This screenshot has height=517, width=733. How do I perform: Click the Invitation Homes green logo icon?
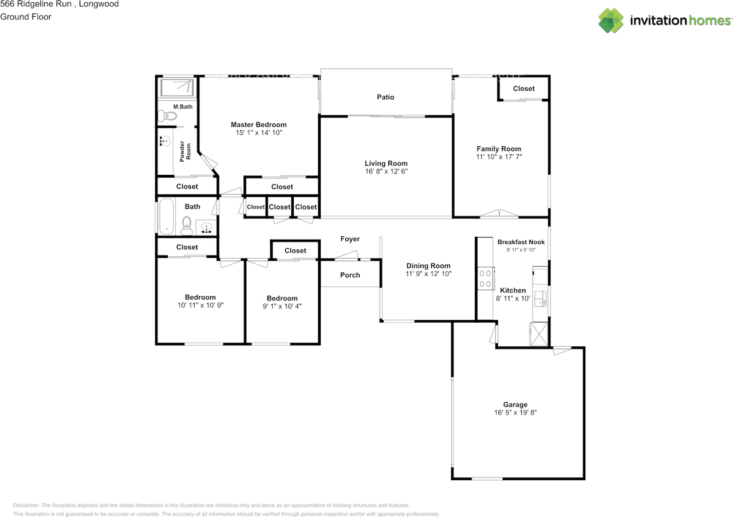(x=610, y=21)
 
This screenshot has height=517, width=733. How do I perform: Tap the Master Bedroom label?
(x=258, y=124)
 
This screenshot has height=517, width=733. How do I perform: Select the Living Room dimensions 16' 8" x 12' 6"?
(x=386, y=171)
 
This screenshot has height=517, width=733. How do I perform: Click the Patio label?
(x=385, y=97)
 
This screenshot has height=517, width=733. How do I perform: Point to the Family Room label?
(x=499, y=149)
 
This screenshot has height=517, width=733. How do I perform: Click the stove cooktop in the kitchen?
(x=486, y=279)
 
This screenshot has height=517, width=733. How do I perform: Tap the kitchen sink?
(x=540, y=299)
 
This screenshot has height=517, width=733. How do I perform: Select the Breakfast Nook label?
(x=521, y=242)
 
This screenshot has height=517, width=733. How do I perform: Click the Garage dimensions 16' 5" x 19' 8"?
(x=515, y=413)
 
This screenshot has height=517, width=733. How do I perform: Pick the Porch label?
(x=350, y=275)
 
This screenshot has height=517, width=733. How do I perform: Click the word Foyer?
(x=350, y=239)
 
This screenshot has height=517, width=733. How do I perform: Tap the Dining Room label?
(x=428, y=266)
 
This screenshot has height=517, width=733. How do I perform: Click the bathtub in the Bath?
(x=166, y=216)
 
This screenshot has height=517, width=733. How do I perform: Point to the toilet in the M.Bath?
(x=167, y=116)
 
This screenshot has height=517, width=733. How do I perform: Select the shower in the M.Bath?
(x=177, y=88)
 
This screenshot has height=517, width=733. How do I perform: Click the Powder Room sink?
(x=165, y=141)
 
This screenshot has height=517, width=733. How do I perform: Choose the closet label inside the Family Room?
(x=523, y=88)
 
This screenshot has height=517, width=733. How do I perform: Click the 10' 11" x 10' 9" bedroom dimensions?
(x=200, y=305)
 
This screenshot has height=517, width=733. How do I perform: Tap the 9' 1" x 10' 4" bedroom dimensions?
(x=282, y=306)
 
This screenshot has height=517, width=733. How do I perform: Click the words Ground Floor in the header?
(x=26, y=17)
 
